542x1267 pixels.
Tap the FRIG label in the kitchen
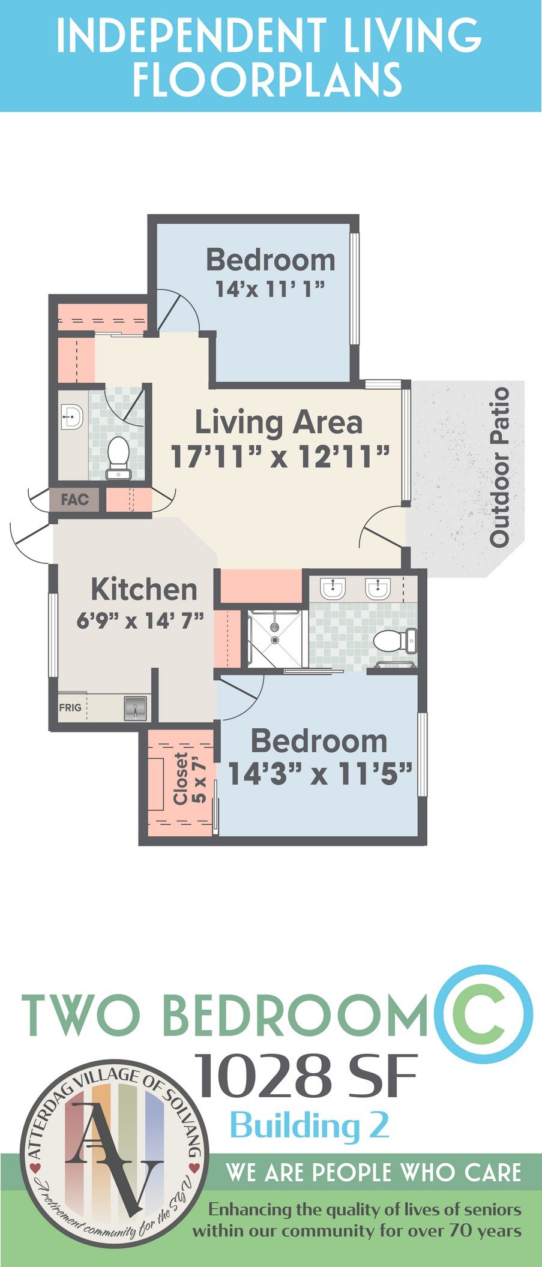click(x=70, y=707)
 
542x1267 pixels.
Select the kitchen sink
click(x=136, y=707)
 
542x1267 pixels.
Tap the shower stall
click(x=274, y=638)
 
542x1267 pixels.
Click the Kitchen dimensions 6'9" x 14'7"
click(x=140, y=620)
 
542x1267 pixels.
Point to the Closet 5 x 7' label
click(x=189, y=778)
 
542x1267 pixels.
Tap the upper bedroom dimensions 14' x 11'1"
click(x=270, y=290)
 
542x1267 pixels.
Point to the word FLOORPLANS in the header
click(x=268, y=79)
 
